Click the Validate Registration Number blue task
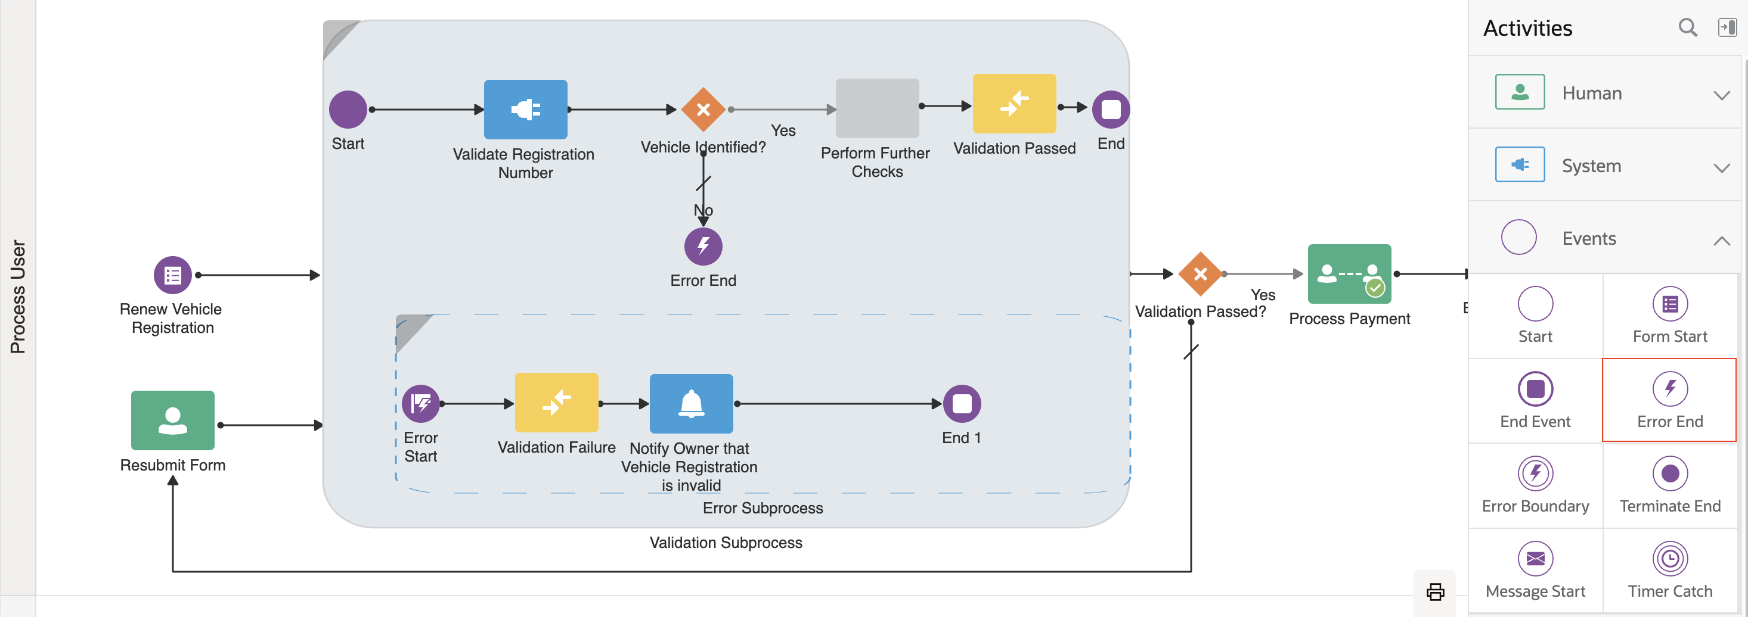(525, 109)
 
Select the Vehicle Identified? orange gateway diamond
(703, 109)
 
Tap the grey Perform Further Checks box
(877, 108)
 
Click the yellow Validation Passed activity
(1014, 104)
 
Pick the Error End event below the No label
(703, 246)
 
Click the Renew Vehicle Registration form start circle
(172, 275)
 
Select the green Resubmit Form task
(172, 420)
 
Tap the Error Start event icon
(421, 404)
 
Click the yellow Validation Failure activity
(556, 403)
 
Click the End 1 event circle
(962, 404)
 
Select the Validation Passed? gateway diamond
(1200, 274)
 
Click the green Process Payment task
(1349, 274)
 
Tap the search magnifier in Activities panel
(1688, 28)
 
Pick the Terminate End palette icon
(1669, 474)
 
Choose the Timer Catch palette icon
(1669, 559)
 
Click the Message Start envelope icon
(1535, 559)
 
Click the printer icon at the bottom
(1435, 592)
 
